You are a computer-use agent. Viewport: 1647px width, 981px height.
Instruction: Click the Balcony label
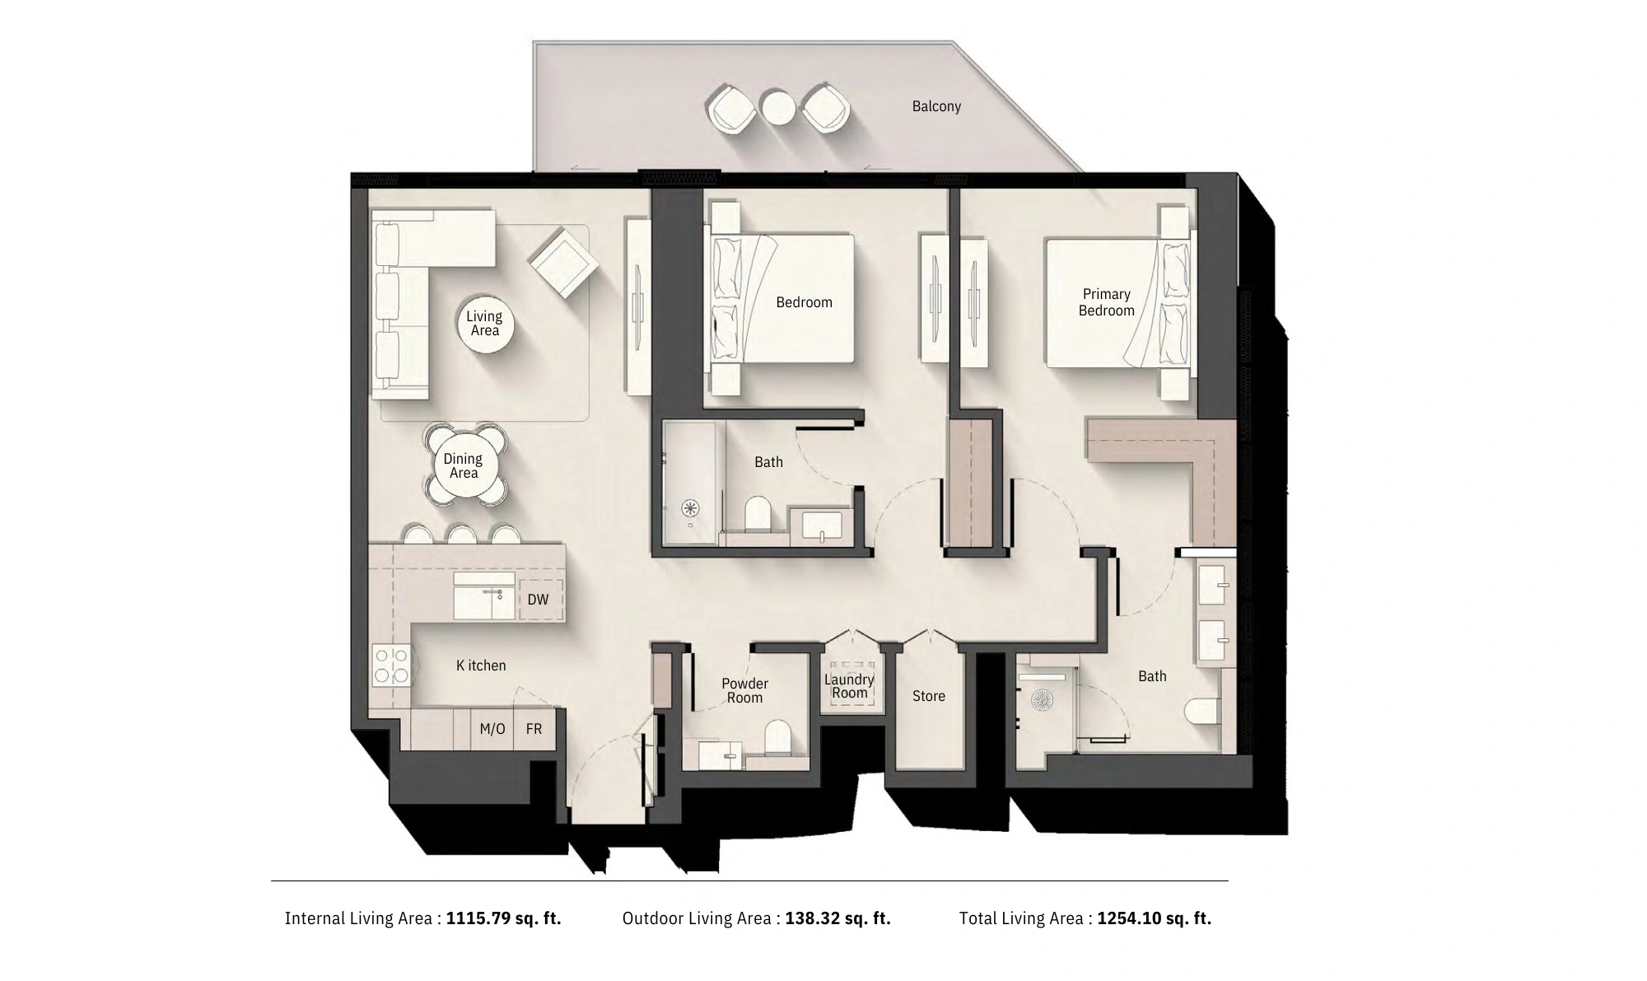[936, 106]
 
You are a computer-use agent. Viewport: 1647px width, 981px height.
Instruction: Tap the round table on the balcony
[778, 107]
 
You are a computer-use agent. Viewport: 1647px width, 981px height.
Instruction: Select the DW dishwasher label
[538, 600]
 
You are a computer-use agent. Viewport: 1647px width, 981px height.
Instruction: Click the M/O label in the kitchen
[492, 729]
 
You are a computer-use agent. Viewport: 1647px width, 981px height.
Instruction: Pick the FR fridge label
[534, 729]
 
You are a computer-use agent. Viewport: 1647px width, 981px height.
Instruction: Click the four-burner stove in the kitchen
[392, 666]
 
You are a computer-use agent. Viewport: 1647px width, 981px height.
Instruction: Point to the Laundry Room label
[850, 686]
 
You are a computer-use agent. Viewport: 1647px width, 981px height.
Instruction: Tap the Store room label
[929, 696]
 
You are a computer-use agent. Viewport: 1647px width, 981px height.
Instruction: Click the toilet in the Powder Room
[778, 738]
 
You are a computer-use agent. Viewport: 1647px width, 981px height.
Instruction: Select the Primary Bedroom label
[1107, 302]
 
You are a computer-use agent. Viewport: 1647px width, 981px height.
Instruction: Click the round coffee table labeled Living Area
[485, 325]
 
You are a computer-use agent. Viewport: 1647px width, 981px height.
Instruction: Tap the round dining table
[464, 466]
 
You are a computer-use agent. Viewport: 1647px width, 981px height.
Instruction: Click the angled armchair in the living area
[564, 262]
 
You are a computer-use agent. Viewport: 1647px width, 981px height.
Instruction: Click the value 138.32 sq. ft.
[838, 918]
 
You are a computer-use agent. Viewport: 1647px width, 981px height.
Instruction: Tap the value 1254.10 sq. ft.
[1155, 918]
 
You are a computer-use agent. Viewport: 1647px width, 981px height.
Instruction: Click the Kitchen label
[481, 666]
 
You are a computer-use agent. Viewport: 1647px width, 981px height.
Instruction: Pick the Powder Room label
[744, 690]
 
